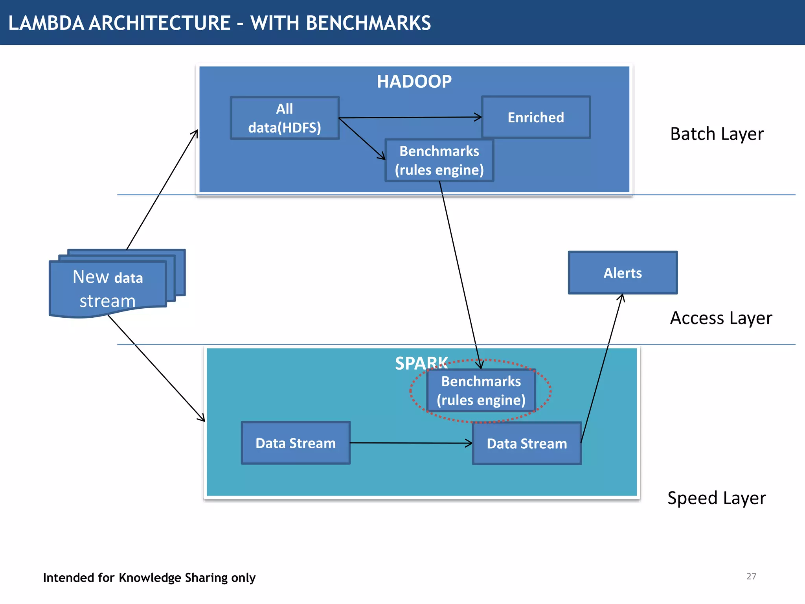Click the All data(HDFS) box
[285, 118]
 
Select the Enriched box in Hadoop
[536, 117]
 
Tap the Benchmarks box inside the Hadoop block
[439, 160]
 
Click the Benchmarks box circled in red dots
[481, 390]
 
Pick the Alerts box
[623, 273]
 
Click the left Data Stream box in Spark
[296, 443]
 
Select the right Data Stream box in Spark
[527, 444]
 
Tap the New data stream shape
[108, 289]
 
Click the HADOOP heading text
[414, 82]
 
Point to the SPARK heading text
[421, 363]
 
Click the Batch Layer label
[717, 134]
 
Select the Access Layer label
[720, 318]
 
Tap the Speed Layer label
[716, 498]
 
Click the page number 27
[751, 576]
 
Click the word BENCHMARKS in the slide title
[368, 23]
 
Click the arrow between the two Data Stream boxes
[411, 443]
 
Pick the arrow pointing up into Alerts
[601, 370]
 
